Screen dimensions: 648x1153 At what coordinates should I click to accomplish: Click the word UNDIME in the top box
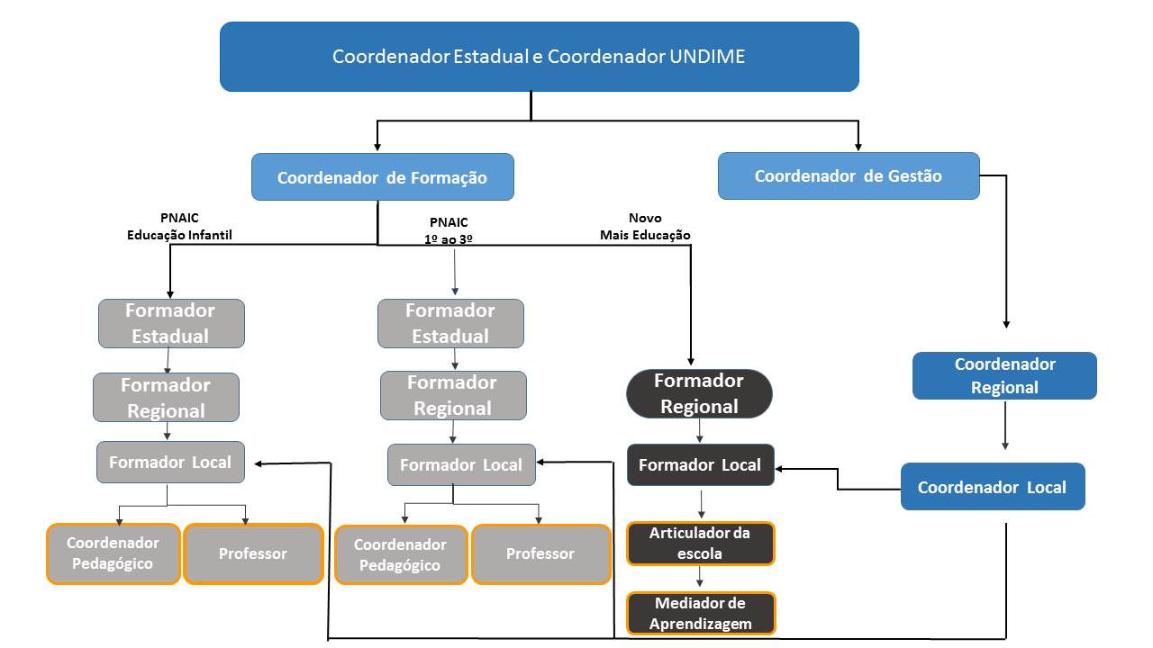[707, 57]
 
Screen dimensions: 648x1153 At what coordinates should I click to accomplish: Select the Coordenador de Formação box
[382, 177]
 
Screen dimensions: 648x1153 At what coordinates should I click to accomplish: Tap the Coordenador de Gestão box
[848, 176]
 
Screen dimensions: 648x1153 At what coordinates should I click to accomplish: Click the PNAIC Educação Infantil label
[179, 227]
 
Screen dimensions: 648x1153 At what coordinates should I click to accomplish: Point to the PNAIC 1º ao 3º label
[449, 230]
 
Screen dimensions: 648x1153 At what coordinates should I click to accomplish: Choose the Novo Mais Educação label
[645, 227]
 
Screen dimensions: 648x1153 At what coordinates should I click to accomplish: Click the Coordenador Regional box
[1004, 376]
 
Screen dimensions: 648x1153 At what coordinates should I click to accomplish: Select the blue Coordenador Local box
[992, 487]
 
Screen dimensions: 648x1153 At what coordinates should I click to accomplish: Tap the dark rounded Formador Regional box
[699, 393]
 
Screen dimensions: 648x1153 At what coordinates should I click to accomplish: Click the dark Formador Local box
[700, 465]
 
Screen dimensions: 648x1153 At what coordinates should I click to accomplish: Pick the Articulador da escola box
[700, 544]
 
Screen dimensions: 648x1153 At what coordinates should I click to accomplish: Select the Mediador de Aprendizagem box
[700, 613]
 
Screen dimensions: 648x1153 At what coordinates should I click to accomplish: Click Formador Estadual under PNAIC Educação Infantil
[170, 323]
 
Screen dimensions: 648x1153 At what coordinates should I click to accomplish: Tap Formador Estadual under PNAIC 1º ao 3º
[450, 323]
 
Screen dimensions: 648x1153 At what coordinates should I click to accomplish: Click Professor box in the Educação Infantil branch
[253, 553]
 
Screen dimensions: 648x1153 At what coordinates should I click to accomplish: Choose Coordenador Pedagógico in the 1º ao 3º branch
[400, 554]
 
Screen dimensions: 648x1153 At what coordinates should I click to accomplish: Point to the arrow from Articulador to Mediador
[700, 578]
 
